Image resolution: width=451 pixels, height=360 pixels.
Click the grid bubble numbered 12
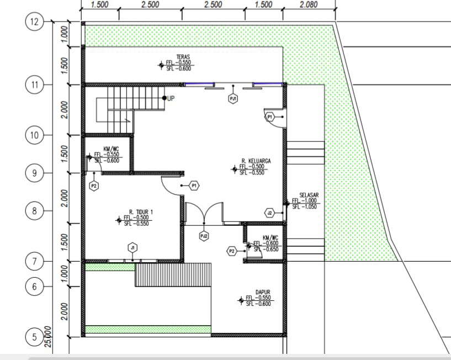point(34,22)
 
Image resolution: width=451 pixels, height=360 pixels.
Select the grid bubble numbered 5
point(34,337)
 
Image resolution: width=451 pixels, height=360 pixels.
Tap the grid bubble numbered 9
point(34,173)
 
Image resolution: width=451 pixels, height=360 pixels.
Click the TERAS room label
point(183,57)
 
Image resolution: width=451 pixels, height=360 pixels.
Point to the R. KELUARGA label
point(256,161)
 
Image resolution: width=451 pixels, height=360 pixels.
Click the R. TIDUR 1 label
point(141,211)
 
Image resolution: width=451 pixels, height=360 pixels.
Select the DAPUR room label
point(262,293)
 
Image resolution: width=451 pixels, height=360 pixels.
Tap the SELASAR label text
point(309,195)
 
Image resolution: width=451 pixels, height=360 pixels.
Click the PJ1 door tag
point(234,99)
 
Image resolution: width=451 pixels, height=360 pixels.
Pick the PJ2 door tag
point(204,236)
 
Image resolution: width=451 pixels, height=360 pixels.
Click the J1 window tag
point(132,247)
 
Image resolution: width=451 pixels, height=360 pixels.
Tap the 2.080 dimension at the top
point(309,4)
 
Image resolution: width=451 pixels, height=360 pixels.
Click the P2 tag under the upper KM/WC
point(94,186)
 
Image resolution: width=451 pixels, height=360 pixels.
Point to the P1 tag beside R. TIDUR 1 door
point(194,186)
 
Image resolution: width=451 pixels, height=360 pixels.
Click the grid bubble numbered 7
point(34,261)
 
